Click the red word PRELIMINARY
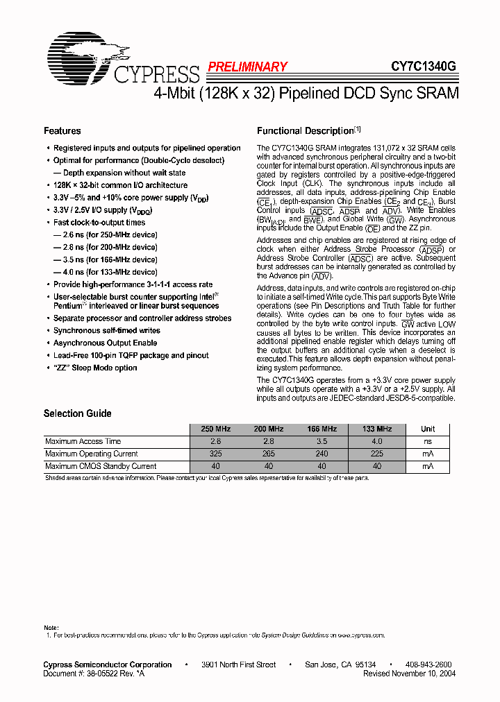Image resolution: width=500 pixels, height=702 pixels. [x=247, y=67]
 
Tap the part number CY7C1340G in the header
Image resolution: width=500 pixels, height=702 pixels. [x=423, y=67]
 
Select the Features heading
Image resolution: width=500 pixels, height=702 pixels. [x=62, y=130]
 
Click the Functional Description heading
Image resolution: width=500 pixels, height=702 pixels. [x=306, y=130]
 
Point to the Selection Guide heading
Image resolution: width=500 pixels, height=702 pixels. [x=77, y=413]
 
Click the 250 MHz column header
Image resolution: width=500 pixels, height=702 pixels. [x=216, y=429]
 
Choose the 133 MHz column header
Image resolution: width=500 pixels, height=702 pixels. [x=377, y=429]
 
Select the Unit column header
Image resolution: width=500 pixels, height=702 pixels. [x=428, y=429]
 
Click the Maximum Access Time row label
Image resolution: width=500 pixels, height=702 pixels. [x=83, y=441]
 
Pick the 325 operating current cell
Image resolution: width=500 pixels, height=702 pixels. [x=216, y=454]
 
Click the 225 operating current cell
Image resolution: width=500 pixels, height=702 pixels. [x=377, y=454]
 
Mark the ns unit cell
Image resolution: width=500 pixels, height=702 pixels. [x=428, y=441]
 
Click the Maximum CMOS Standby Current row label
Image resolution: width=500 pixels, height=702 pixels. [x=101, y=466]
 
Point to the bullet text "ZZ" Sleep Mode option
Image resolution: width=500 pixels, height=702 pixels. [x=95, y=368]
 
